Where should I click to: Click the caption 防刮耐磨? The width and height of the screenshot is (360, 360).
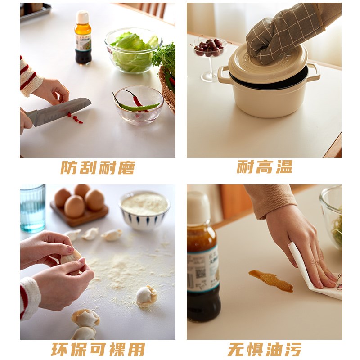(x=98, y=167)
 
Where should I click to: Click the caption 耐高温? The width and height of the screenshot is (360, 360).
(x=265, y=167)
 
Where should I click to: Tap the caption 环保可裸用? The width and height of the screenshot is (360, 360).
(x=98, y=349)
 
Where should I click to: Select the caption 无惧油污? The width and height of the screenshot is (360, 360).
(x=265, y=349)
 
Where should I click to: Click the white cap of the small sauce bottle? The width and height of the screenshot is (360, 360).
(x=82, y=17)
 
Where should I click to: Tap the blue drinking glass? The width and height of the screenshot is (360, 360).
(x=32, y=208)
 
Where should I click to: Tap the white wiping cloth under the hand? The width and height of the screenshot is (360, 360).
(x=315, y=279)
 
